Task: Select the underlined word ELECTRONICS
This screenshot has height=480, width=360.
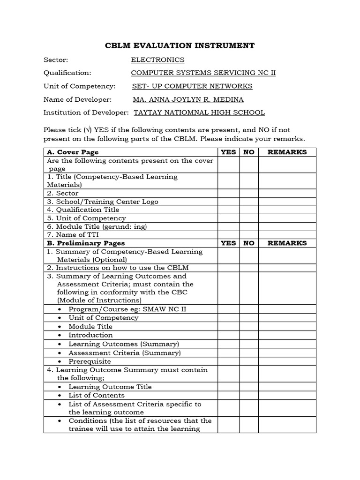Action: tap(157, 60)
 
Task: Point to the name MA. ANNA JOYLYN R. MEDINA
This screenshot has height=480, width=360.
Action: tap(188, 99)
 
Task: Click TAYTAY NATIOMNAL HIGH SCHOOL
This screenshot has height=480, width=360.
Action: tap(199, 112)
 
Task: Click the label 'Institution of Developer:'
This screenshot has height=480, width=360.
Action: tap(86, 112)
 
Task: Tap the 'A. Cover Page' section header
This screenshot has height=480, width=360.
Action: tap(73, 152)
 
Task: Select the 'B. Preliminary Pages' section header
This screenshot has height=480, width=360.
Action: tap(85, 243)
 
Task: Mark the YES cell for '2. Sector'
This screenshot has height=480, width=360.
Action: tap(229, 193)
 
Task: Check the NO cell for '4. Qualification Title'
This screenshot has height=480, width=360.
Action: tap(249, 210)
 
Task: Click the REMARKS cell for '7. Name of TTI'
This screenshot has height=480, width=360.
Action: tap(287, 235)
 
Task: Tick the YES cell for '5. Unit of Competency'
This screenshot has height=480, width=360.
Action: tap(229, 218)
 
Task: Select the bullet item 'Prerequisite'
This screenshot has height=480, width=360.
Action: tap(90, 361)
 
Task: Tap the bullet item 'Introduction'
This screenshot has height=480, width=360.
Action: tap(90, 335)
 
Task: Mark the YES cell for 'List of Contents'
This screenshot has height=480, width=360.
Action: tap(229, 396)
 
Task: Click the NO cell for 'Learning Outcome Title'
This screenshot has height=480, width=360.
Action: tap(249, 387)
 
